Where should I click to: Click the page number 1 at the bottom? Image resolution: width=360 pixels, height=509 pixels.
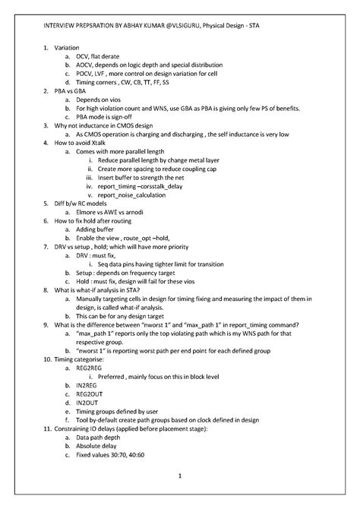coord(180,476)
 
